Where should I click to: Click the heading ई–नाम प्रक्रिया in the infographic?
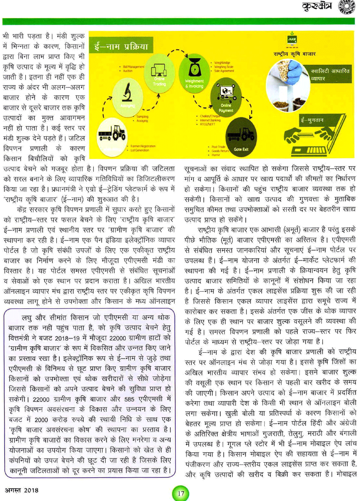click(121, 46)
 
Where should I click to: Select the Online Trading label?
click(159, 81)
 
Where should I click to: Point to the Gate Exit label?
click(241, 149)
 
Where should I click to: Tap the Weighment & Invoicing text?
click(194, 84)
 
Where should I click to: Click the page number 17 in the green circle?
click(181, 493)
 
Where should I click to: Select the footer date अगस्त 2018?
click(22, 490)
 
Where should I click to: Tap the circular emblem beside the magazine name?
click(346, 7)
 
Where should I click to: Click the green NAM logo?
click(292, 39)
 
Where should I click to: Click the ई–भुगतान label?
click(312, 120)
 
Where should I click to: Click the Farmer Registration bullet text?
click(143, 146)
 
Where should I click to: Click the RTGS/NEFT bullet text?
click(208, 124)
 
